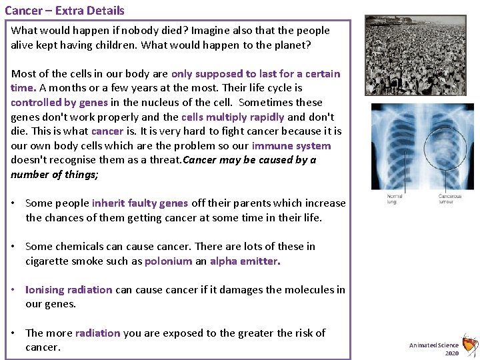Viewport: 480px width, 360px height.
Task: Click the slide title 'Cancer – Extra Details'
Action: [64, 11]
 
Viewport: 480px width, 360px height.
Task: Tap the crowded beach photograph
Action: [415, 56]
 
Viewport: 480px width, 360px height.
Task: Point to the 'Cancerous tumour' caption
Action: [450, 199]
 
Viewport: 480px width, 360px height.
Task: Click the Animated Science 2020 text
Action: [434, 349]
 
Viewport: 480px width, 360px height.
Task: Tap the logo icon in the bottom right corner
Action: [469, 345]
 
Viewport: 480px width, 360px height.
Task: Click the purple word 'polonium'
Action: [168, 261]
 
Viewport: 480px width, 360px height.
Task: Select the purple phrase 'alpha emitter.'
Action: [245, 261]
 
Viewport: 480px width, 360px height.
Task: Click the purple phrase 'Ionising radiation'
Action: [69, 290]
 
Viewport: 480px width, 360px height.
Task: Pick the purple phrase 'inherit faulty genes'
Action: [140, 203]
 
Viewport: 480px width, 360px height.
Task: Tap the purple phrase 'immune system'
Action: [291, 146]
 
